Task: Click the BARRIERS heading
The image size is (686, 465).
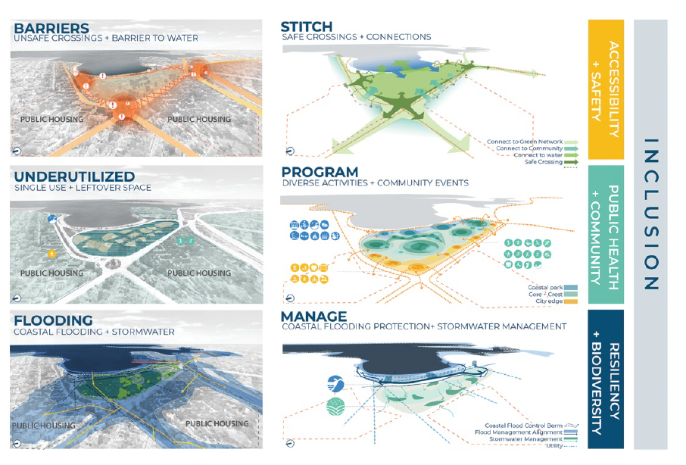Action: point(48,27)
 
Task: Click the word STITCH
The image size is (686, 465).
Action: point(305,27)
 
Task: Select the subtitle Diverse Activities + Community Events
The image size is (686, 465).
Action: point(375,183)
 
